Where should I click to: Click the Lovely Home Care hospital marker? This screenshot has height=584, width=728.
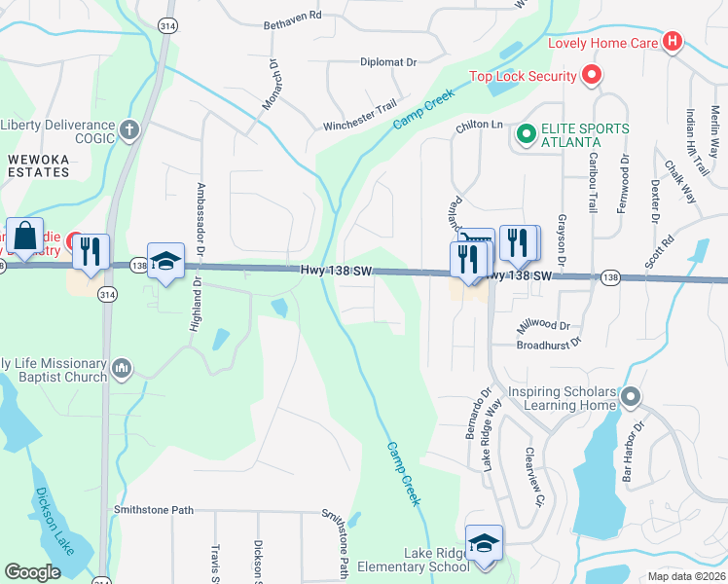671,42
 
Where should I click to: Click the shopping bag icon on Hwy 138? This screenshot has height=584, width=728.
24,237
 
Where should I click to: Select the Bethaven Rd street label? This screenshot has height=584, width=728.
292,17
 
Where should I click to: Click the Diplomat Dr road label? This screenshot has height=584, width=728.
387,61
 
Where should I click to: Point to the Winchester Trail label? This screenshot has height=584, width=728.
361,127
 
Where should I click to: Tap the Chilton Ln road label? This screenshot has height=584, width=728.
479,126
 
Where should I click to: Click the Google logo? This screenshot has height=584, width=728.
33,572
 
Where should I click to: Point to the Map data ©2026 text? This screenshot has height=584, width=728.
686,576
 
